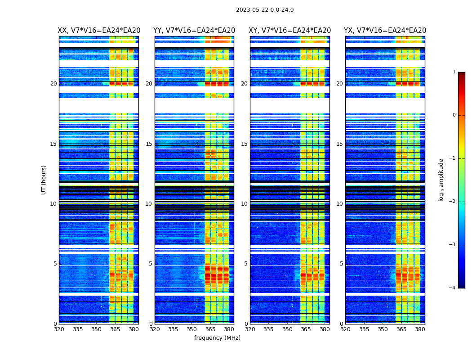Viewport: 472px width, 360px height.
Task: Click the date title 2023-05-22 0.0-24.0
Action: [265, 10]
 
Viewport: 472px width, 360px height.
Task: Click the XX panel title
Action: [99, 31]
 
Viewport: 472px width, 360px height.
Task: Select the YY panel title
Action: [194, 31]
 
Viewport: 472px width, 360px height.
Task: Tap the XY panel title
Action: [290, 31]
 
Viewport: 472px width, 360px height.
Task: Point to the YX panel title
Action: [385, 31]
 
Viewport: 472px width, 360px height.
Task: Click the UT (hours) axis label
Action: [44, 180]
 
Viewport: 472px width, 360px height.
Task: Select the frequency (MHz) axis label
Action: [217, 338]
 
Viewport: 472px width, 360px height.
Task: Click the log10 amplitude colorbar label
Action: [441, 180]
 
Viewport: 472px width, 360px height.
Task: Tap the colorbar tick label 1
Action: [454, 72]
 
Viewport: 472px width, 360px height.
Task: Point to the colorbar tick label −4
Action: [453, 288]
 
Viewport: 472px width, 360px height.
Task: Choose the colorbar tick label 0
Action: [454, 115]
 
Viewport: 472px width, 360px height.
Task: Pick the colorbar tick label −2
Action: [453, 202]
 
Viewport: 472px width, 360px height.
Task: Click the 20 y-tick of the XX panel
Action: [53, 84]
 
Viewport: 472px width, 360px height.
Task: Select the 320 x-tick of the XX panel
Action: [59, 329]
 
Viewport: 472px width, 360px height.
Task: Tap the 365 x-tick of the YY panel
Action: [210, 329]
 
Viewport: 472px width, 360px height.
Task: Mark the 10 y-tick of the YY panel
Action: [149, 204]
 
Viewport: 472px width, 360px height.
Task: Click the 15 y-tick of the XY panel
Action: [244, 144]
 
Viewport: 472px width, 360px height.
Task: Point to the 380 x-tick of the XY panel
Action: [325, 329]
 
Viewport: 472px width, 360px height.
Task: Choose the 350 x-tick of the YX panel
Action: [383, 329]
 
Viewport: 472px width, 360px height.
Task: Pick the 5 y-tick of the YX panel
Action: [341, 264]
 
